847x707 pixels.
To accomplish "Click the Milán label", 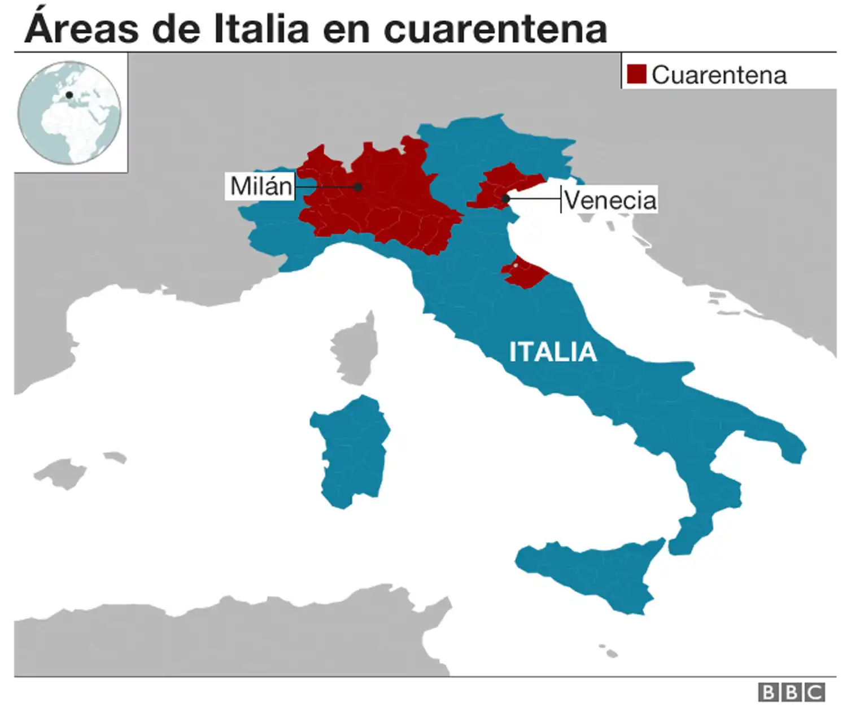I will (x=260, y=186).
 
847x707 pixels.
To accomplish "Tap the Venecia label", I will (x=610, y=200).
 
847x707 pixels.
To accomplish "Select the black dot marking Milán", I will (x=358, y=186).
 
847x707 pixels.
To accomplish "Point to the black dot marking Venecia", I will (x=505, y=199).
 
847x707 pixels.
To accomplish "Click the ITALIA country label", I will (x=553, y=352).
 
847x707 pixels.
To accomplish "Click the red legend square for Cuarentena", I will (x=636, y=74).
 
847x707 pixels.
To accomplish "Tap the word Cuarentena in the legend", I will (x=719, y=75).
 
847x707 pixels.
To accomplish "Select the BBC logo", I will (x=791, y=692).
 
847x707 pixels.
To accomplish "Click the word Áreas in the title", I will (x=81, y=28).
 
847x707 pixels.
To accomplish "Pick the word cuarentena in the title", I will (x=495, y=29).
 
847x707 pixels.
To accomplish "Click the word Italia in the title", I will (x=261, y=28).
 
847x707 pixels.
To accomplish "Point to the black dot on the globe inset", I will (x=69, y=95).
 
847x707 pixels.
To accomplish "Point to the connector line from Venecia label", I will (x=534, y=199).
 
